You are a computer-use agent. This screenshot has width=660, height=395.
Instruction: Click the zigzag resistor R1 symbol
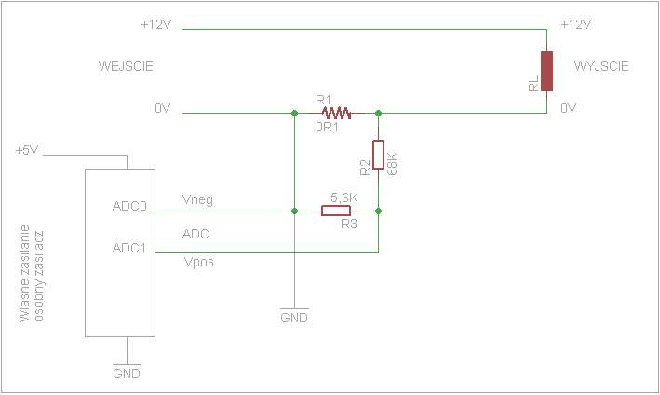pos(336,113)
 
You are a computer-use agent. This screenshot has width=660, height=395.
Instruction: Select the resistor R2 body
pos(378,155)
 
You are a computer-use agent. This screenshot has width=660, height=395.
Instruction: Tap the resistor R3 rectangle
pos(336,211)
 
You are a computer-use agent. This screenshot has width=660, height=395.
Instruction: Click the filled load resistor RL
pos(546,71)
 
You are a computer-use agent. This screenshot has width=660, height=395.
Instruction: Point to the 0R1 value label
pos(327,127)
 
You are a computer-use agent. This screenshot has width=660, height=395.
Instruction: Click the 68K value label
pos(392,164)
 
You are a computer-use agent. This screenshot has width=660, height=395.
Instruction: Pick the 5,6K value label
pos(343,197)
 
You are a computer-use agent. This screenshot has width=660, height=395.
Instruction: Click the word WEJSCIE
pos(126,66)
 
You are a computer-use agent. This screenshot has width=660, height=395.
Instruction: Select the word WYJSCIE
pos(601,66)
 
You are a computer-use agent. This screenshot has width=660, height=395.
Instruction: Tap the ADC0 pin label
pos(129,206)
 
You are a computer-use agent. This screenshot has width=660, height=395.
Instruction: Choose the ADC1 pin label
pos(129,248)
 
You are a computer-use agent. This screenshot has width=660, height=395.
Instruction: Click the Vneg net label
pos(198,199)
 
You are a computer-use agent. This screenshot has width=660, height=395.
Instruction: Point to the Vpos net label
pos(198,262)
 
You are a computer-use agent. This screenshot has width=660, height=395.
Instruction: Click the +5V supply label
pos(26,150)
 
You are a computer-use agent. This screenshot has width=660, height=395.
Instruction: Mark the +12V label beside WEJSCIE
pos(156,24)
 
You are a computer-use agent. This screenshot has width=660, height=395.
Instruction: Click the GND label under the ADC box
pos(127,373)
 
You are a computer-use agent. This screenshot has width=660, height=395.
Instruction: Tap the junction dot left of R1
pos(295,113)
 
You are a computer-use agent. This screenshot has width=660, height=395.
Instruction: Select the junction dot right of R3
pos(378,211)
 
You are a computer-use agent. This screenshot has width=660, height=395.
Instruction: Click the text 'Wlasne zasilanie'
pos(24,274)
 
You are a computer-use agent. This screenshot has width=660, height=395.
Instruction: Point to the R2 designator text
pos(365,167)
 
